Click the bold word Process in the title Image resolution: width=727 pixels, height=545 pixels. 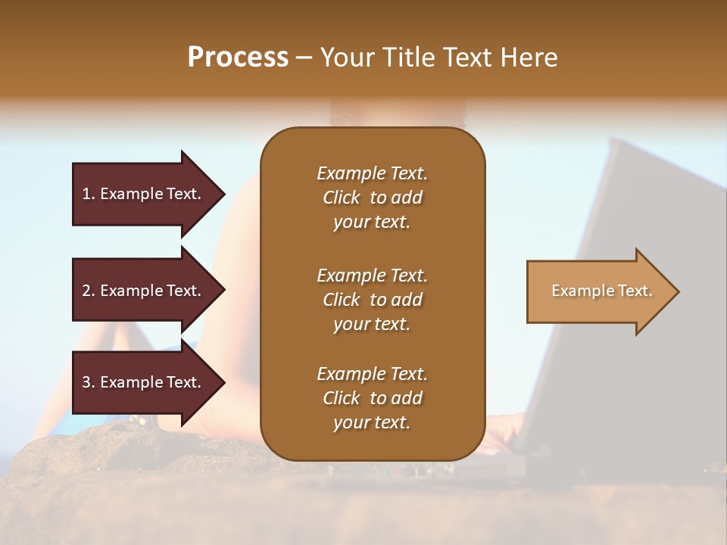point(238,57)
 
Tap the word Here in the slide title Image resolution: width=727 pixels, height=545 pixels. point(529,57)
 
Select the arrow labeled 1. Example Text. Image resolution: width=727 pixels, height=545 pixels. point(144,194)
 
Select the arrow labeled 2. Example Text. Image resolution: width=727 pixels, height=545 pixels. point(144,291)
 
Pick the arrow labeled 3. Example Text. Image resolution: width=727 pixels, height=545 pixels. point(144,382)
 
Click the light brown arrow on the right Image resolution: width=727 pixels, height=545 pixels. point(598,291)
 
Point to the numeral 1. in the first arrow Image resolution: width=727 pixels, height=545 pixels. point(89,194)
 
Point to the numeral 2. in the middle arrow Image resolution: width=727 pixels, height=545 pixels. point(89,291)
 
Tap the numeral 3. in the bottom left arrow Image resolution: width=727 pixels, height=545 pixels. point(89,382)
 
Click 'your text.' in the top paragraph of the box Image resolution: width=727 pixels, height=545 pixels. point(372,223)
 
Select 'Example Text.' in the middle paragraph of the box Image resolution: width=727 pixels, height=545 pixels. point(372,275)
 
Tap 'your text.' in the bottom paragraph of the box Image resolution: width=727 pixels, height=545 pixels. point(372,423)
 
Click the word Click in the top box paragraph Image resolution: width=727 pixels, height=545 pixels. point(342,198)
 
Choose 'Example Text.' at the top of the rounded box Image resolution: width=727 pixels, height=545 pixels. point(372,173)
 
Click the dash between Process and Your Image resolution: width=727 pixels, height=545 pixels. point(304,58)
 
